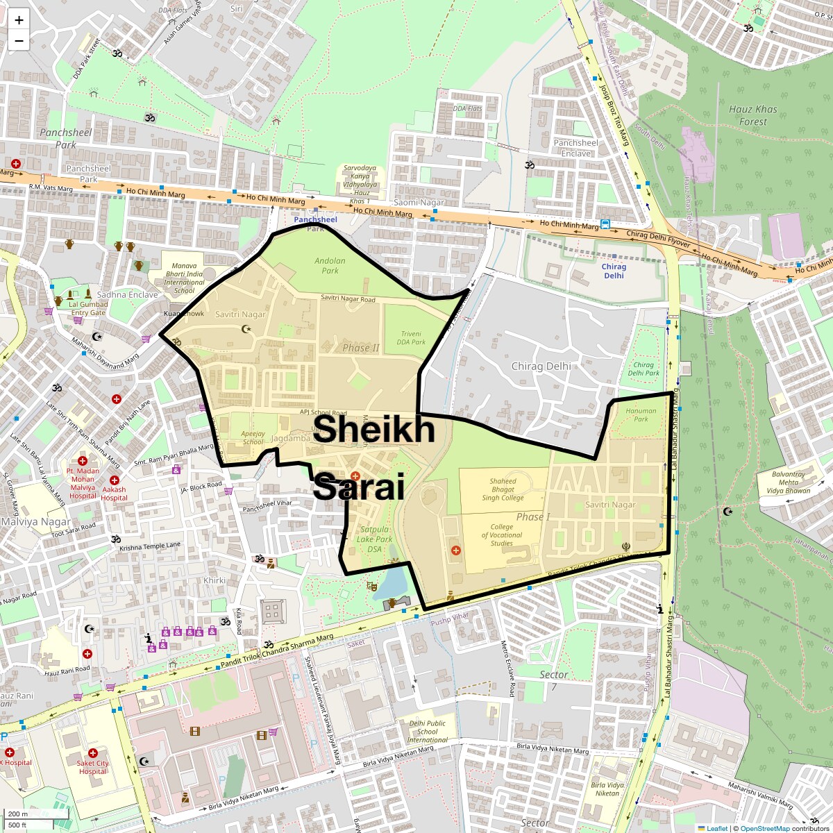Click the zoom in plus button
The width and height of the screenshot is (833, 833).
[19, 20]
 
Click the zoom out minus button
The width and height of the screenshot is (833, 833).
[19, 41]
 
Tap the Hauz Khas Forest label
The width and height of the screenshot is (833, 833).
[752, 115]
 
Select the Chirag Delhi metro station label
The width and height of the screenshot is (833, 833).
[614, 271]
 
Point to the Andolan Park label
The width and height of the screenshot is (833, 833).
[330, 266]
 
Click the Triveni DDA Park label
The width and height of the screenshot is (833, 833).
[411, 337]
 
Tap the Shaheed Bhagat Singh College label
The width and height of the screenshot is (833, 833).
[503, 489]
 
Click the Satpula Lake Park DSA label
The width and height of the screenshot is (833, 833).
[374, 539]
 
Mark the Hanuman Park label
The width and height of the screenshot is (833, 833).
[641, 414]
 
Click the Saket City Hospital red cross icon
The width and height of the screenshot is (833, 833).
[92, 753]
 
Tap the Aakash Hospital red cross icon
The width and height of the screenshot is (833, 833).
[115, 480]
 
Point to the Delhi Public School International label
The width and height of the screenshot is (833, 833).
[427, 731]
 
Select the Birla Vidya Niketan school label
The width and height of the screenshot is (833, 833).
[607, 789]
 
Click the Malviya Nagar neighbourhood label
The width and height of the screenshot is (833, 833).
[35, 522]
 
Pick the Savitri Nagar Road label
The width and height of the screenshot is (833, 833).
[348, 299]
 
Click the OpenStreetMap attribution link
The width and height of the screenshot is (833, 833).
[764, 828]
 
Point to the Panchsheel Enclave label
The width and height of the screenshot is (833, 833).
[575, 148]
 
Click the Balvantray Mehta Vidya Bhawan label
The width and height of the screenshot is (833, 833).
[789, 482]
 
